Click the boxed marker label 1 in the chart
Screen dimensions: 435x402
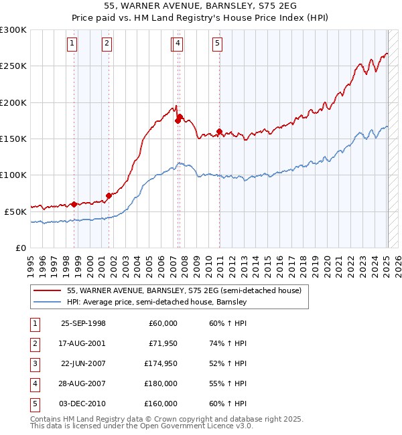point(72,44)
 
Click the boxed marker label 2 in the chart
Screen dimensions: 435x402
point(107,44)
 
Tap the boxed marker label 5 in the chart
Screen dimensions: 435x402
point(218,44)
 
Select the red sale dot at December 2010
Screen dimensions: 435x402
point(220,132)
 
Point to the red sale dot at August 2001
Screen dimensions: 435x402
point(109,195)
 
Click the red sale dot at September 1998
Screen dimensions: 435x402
point(74,204)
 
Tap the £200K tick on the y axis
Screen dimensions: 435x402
point(13,103)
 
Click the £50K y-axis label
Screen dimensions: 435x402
point(15,211)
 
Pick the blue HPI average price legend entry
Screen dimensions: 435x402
point(157,302)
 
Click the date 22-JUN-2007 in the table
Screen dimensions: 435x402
point(83,363)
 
